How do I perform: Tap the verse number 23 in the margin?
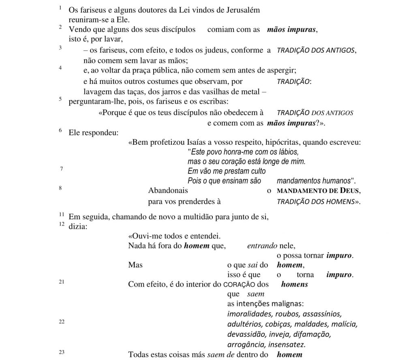click(62, 352)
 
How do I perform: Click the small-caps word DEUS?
click(345, 191)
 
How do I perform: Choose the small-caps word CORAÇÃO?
click(240, 285)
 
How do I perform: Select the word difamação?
click(312, 335)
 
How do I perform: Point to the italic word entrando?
click(262, 246)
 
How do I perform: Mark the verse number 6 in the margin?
click(60, 131)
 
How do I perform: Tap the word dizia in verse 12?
click(77, 227)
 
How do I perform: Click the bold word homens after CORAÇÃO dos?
click(295, 285)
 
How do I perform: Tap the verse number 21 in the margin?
click(62, 282)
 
